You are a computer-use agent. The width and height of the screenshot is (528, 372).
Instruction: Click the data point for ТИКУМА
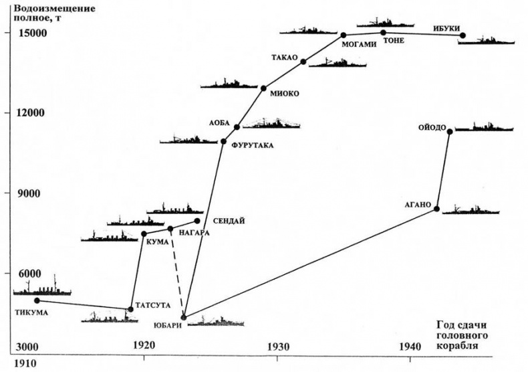point(37,301)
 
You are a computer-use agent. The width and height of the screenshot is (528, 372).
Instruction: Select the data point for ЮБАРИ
point(184,317)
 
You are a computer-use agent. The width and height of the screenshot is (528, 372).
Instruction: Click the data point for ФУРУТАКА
point(224,141)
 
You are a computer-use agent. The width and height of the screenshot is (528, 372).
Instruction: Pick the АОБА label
point(219,123)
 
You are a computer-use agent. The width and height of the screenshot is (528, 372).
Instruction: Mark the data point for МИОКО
point(263,88)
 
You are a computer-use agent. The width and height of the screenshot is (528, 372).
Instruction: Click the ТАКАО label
point(284,58)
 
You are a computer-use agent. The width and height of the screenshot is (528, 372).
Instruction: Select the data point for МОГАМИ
point(343,35)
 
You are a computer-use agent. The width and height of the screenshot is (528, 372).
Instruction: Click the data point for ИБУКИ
point(463,35)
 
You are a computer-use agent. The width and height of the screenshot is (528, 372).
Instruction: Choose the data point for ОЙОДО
point(450,131)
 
